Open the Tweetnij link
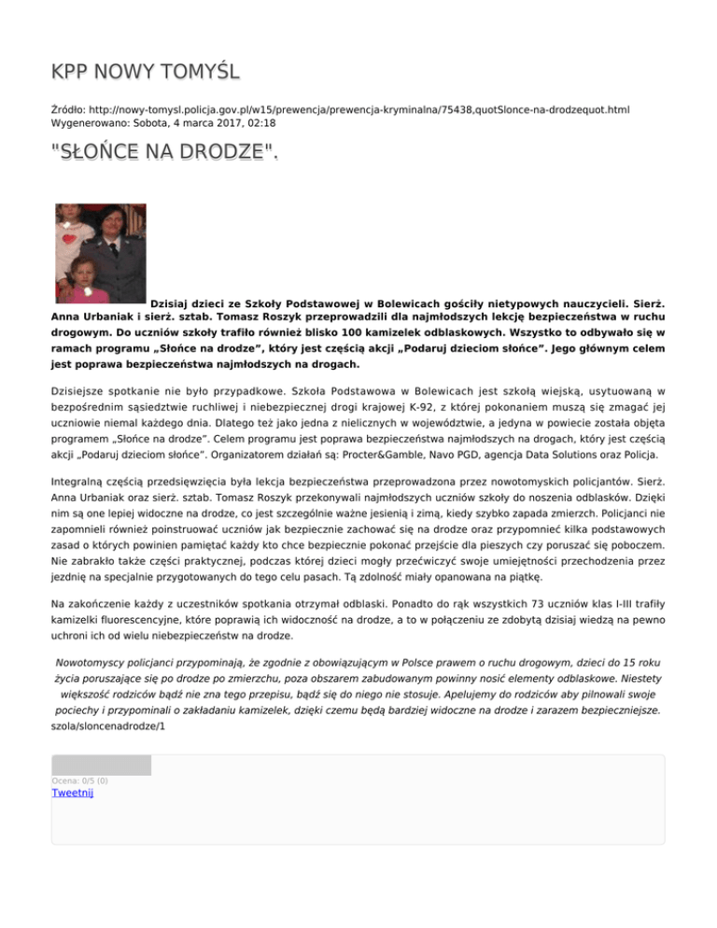[73, 794]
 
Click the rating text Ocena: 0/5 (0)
[79, 780]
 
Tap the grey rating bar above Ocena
[101, 766]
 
